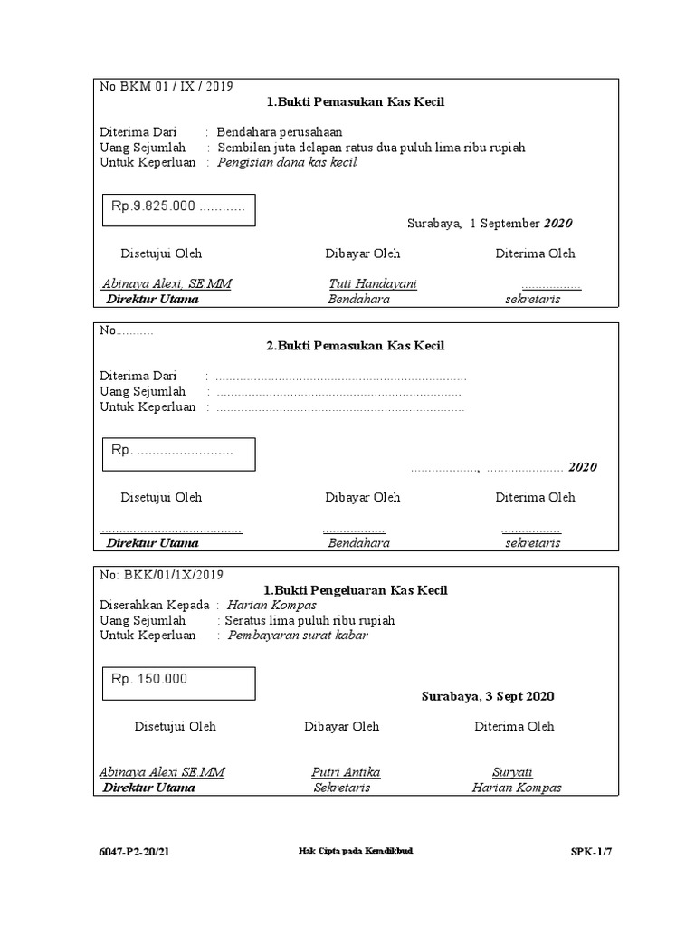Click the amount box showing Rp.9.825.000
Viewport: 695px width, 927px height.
(x=177, y=209)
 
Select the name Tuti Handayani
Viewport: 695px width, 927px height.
(x=372, y=283)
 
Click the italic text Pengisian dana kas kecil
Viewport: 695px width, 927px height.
(x=287, y=162)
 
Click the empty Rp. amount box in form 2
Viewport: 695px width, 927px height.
(x=177, y=454)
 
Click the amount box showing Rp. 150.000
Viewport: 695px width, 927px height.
(x=177, y=683)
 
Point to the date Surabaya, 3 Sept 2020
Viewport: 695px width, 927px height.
(x=488, y=696)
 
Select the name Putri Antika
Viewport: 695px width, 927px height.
(x=345, y=772)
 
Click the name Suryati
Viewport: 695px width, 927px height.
(x=512, y=772)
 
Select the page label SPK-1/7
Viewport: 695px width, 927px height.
(x=590, y=852)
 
